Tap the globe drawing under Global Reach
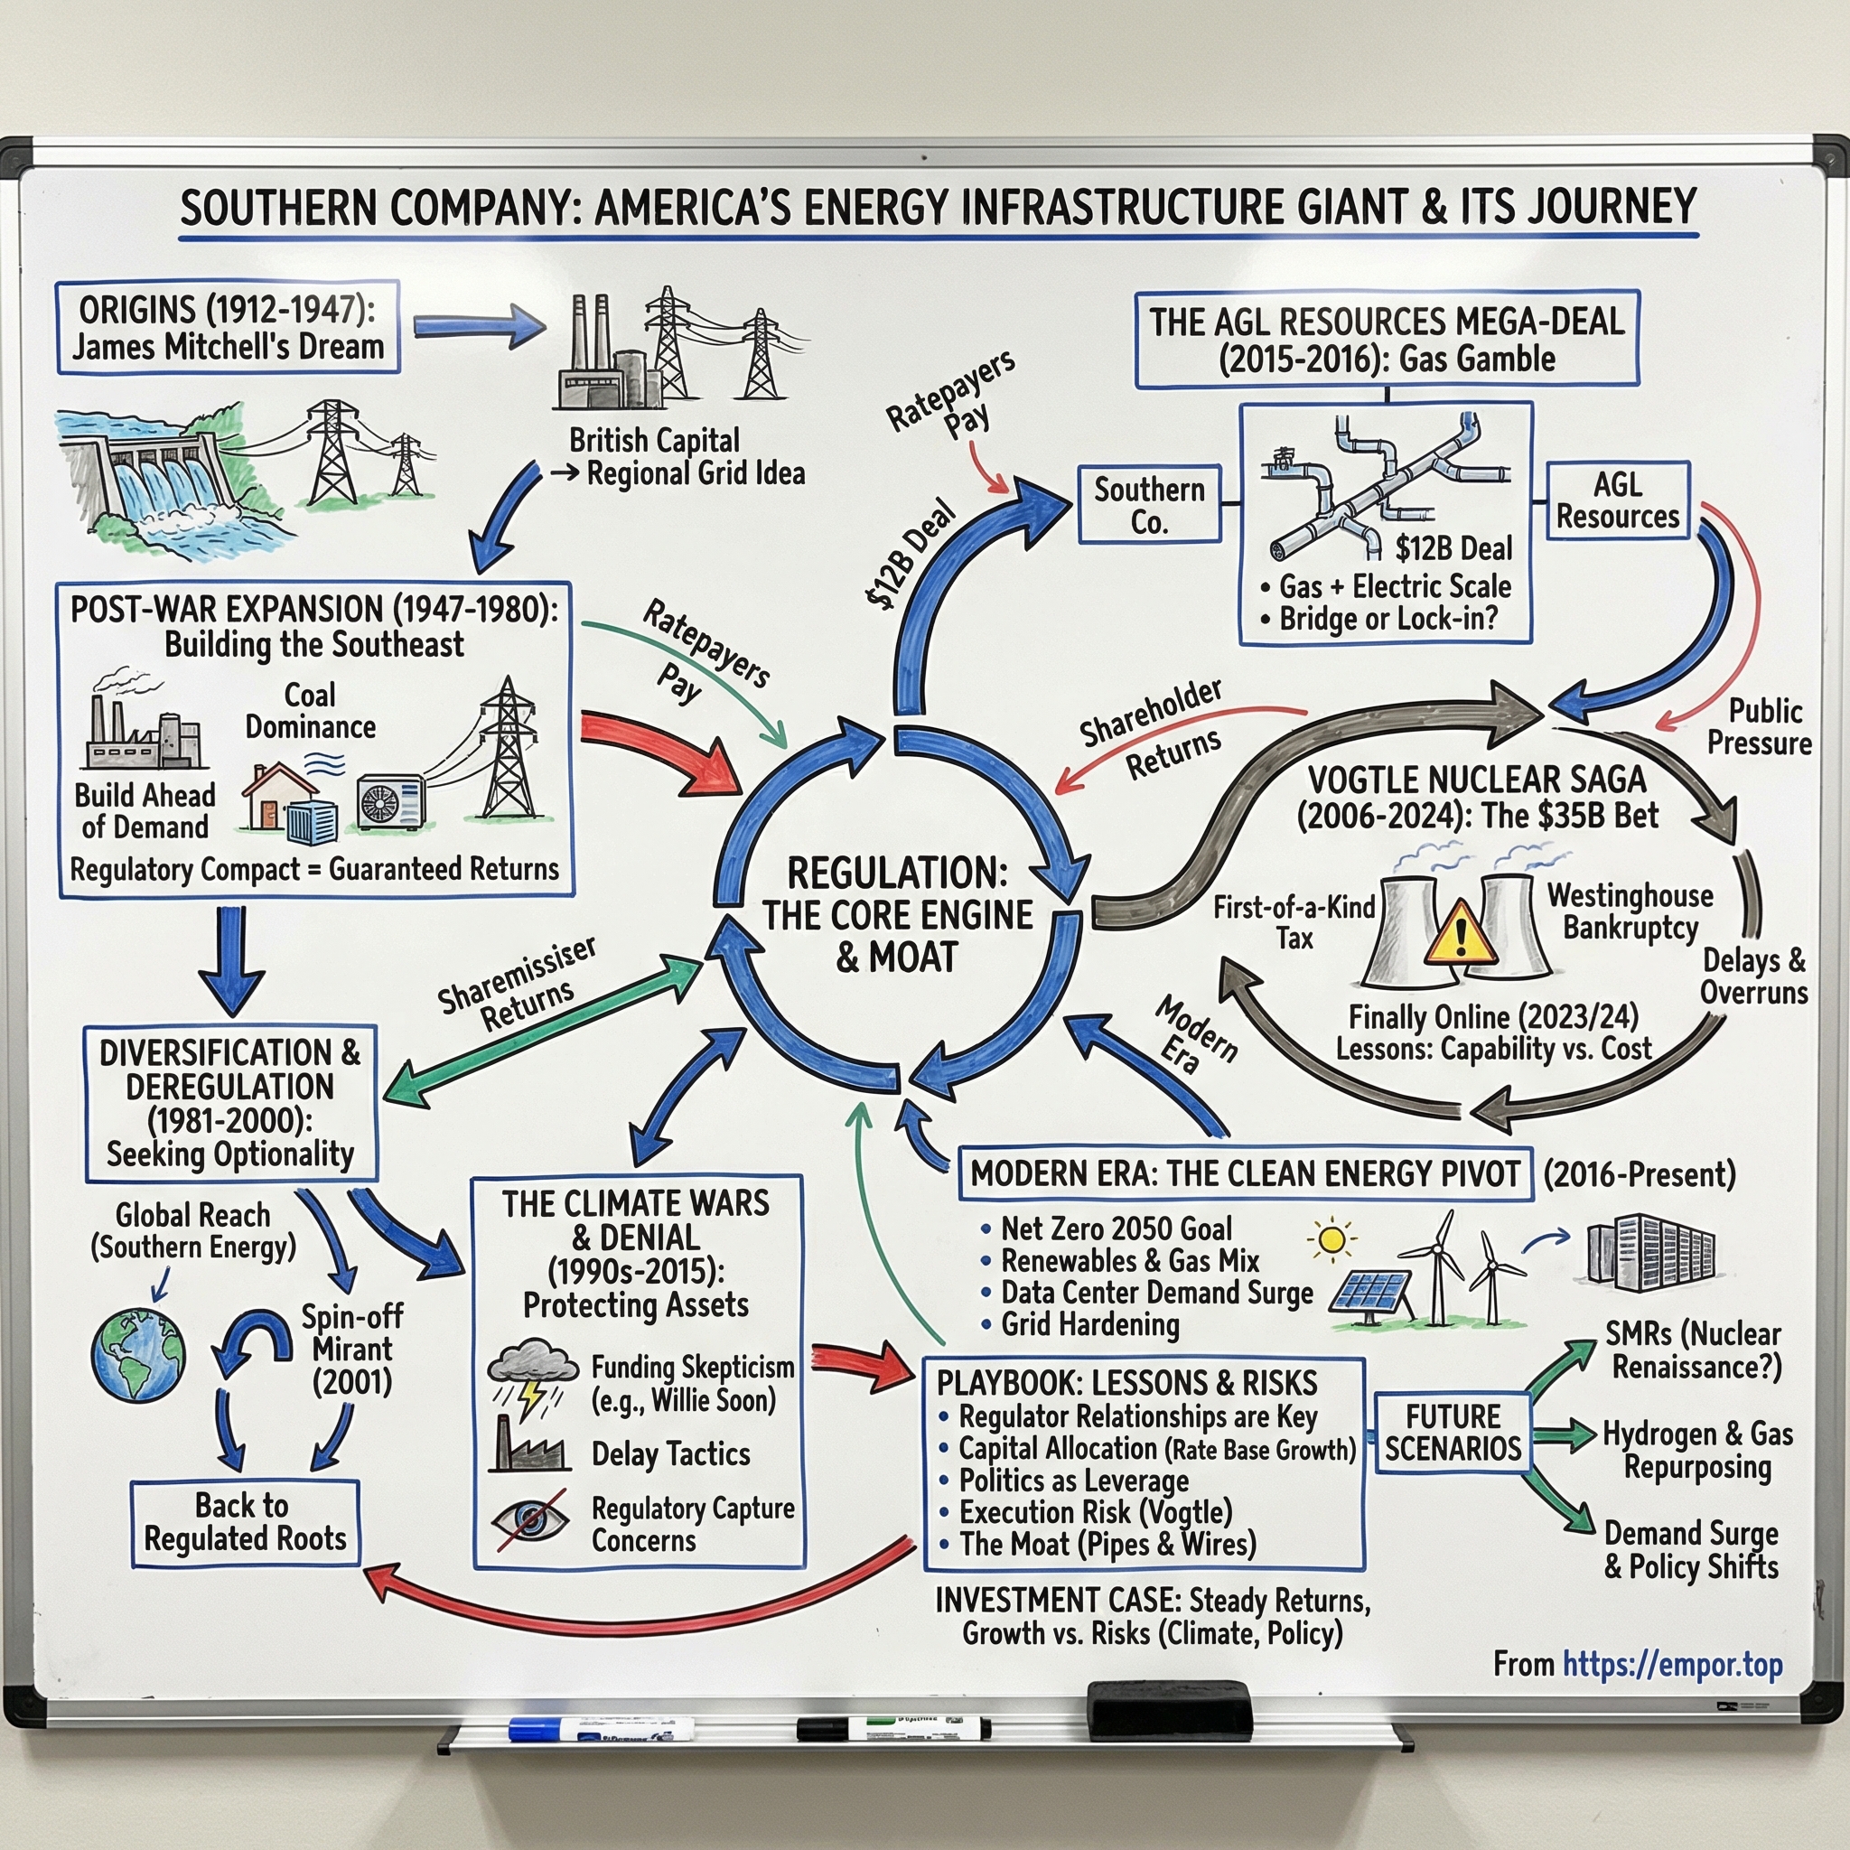(x=139, y=1356)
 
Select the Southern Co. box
(x=1149, y=505)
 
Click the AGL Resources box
(x=1617, y=500)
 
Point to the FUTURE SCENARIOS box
(x=1452, y=1433)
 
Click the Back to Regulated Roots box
(x=245, y=1522)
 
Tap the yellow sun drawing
(x=1331, y=1240)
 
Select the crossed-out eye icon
(x=528, y=1519)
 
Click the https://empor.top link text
(x=1672, y=1664)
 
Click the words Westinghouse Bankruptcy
(x=1630, y=911)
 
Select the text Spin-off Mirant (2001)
(x=352, y=1349)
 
